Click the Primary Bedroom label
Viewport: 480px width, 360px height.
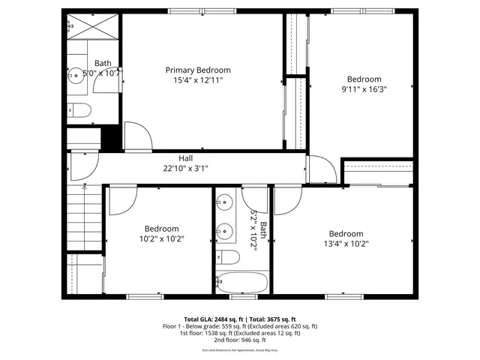click(x=197, y=70)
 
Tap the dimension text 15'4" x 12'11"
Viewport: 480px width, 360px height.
click(x=197, y=79)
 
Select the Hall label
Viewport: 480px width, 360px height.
click(x=186, y=158)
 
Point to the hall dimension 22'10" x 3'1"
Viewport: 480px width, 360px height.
click(x=186, y=168)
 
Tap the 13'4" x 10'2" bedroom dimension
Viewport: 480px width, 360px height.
click(x=346, y=243)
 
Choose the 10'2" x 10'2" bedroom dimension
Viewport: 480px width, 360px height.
click(x=161, y=238)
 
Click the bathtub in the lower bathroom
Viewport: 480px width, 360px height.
click(x=241, y=284)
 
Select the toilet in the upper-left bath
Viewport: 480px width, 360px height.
click(x=79, y=112)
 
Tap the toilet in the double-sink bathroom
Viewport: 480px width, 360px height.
click(x=229, y=258)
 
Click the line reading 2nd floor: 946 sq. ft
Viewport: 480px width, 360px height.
click(x=240, y=340)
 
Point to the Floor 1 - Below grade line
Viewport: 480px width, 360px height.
click(x=240, y=326)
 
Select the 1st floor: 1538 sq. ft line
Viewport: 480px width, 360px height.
click(x=240, y=333)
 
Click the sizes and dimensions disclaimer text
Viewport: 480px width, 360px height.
click(x=240, y=350)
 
